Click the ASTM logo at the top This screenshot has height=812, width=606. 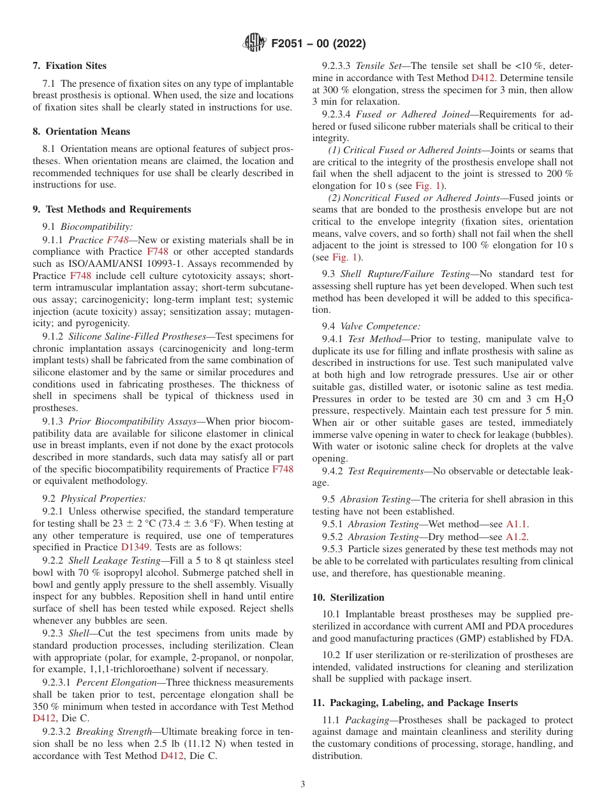[x=255, y=43]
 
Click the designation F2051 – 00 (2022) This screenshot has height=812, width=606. [x=318, y=44]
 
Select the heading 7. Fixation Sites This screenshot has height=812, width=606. [x=70, y=66]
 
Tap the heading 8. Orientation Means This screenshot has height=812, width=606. [x=81, y=132]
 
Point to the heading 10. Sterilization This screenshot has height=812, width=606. [x=348, y=598]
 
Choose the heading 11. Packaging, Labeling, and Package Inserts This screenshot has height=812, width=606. [x=415, y=703]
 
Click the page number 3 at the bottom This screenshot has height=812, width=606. [x=303, y=785]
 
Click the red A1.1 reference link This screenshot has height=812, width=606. [x=517, y=524]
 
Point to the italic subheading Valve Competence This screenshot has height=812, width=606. [x=380, y=326]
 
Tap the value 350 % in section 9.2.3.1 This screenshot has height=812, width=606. [x=45, y=707]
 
